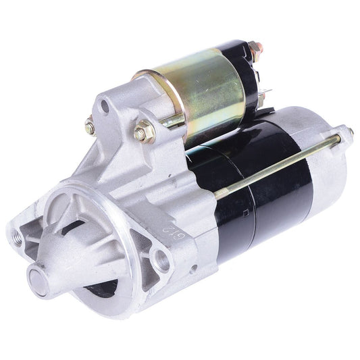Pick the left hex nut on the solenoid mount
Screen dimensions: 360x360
(x=90, y=126)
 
